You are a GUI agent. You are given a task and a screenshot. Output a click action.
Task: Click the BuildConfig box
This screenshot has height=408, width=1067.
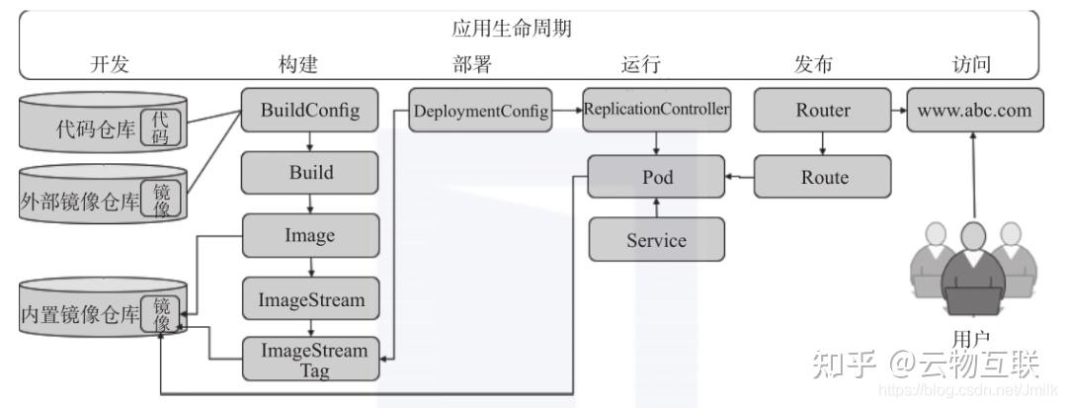(310, 111)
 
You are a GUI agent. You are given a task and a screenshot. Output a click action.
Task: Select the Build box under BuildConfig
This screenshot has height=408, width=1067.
(310, 173)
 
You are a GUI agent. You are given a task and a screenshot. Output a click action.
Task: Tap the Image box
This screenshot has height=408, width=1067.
(310, 236)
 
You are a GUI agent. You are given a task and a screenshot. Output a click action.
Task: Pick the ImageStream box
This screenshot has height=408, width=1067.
(310, 298)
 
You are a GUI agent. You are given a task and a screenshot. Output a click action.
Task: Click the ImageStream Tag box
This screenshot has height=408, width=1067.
(310, 360)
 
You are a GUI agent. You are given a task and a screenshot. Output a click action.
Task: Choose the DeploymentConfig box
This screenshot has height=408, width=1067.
(481, 111)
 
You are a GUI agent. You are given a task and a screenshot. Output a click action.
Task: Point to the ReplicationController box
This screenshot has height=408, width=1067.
(657, 110)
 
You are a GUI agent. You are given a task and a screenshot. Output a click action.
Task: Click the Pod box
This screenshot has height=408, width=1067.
(657, 177)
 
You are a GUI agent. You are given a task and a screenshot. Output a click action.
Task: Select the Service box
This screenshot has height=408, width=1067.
(657, 240)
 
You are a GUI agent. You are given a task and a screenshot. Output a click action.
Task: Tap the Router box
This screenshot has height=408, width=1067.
(822, 110)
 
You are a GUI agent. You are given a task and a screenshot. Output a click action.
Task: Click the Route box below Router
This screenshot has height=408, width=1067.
(822, 177)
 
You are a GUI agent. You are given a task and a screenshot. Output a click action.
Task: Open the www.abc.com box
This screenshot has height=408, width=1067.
(973, 110)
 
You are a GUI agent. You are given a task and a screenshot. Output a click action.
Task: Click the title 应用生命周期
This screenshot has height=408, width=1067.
(512, 30)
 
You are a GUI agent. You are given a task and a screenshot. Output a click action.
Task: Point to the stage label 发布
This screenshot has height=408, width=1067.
(813, 65)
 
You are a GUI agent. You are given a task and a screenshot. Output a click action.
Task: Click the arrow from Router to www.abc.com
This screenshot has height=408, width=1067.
(898, 111)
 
